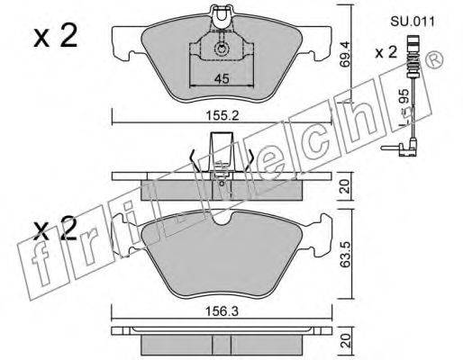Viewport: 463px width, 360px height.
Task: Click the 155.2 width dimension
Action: [x=222, y=115]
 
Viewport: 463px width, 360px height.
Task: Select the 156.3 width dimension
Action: [x=222, y=311]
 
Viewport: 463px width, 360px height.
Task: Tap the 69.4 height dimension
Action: [x=346, y=54]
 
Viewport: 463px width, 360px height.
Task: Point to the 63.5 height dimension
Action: [x=346, y=254]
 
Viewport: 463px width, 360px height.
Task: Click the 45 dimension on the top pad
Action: [x=222, y=78]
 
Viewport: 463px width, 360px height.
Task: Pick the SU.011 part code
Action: [x=413, y=22]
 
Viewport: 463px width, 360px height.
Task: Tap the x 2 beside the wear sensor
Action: [x=386, y=52]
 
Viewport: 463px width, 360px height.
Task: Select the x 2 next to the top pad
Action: [x=56, y=36]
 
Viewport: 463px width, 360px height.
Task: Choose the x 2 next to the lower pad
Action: [x=56, y=229]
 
